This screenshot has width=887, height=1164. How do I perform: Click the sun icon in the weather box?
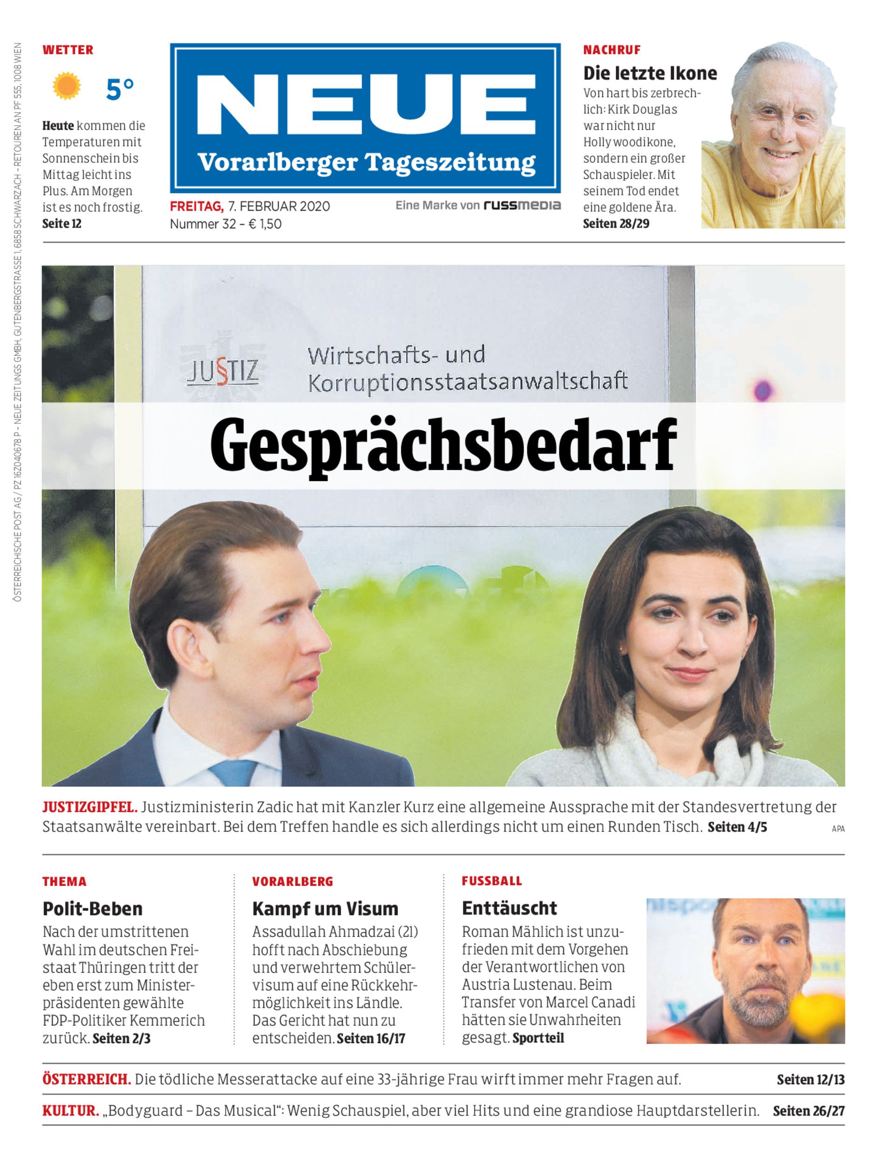[67, 87]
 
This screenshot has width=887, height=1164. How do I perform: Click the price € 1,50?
[265, 224]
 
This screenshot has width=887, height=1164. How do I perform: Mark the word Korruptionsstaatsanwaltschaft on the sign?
[468, 381]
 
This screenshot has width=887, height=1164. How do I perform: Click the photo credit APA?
[838, 829]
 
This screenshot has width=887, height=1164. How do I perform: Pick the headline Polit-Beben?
[92, 908]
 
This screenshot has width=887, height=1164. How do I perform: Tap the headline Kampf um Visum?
[325, 908]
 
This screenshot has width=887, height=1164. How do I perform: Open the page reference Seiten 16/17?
[371, 1038]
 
